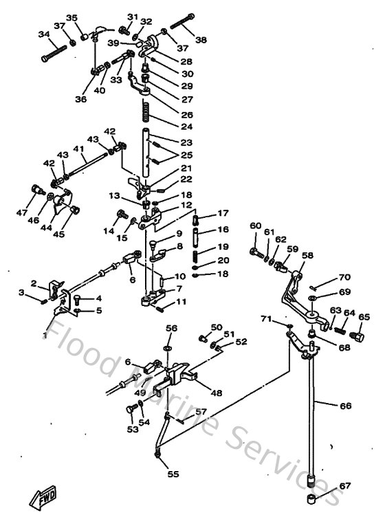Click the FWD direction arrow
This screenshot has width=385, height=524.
[43, 496]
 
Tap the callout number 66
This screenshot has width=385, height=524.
[345, 406]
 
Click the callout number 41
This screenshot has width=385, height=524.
[78, 149]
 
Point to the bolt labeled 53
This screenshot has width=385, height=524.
[131, 411]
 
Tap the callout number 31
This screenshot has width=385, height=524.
[132, 17]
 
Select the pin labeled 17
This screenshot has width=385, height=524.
[196, 221]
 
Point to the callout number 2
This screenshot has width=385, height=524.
[33, 283]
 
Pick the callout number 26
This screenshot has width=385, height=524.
[186, 115]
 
